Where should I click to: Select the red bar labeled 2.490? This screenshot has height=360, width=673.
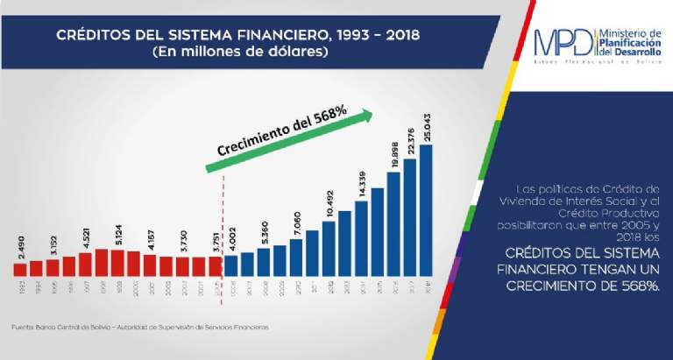20,268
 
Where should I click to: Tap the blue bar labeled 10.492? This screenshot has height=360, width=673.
329,248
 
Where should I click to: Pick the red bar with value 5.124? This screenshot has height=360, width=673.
117,263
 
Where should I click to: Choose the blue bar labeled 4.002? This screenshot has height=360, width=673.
231,265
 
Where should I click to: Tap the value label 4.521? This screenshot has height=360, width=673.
84,238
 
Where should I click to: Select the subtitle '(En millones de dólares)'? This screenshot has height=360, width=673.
237,53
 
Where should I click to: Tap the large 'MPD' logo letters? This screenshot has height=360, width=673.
566,42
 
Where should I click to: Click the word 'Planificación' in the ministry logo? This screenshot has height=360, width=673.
630,40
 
